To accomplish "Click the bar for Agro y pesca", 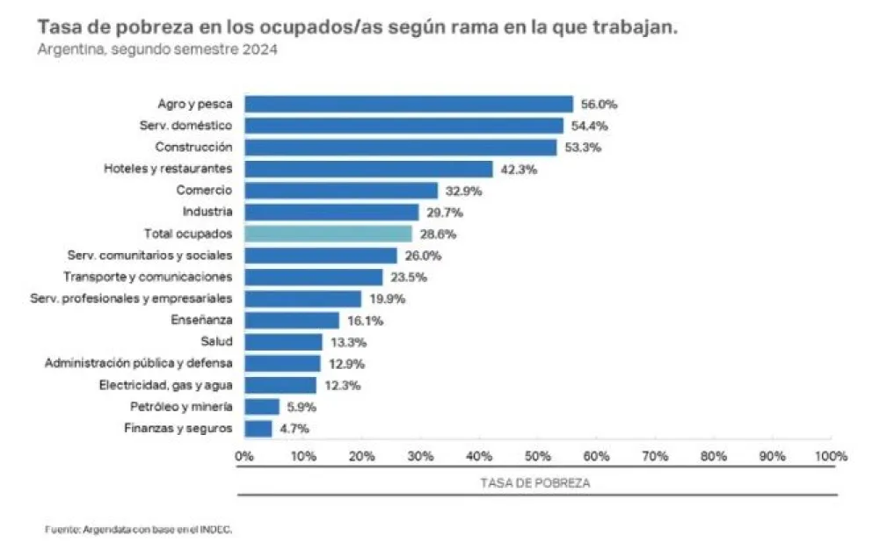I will point(408,104).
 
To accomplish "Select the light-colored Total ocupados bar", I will point(328,234).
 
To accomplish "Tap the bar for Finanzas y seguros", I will point(258,429).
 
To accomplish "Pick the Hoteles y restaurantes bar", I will point(368,169).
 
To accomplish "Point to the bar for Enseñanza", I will point(291,321).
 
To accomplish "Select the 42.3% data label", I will point(518,169).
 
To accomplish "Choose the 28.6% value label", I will point(437,234).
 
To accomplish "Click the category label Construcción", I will point(193,147).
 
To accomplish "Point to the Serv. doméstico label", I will point(186,126).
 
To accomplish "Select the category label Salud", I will point(216,342).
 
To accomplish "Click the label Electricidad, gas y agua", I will point(169,385).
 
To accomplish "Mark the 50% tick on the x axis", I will point(538,456).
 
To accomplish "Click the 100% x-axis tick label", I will point(831,456).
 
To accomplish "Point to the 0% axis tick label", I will point(243,456).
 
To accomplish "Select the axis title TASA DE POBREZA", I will point(535,483).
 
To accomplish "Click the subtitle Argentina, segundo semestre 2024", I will point(158,50).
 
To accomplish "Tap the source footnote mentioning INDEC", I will point(138,529).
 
